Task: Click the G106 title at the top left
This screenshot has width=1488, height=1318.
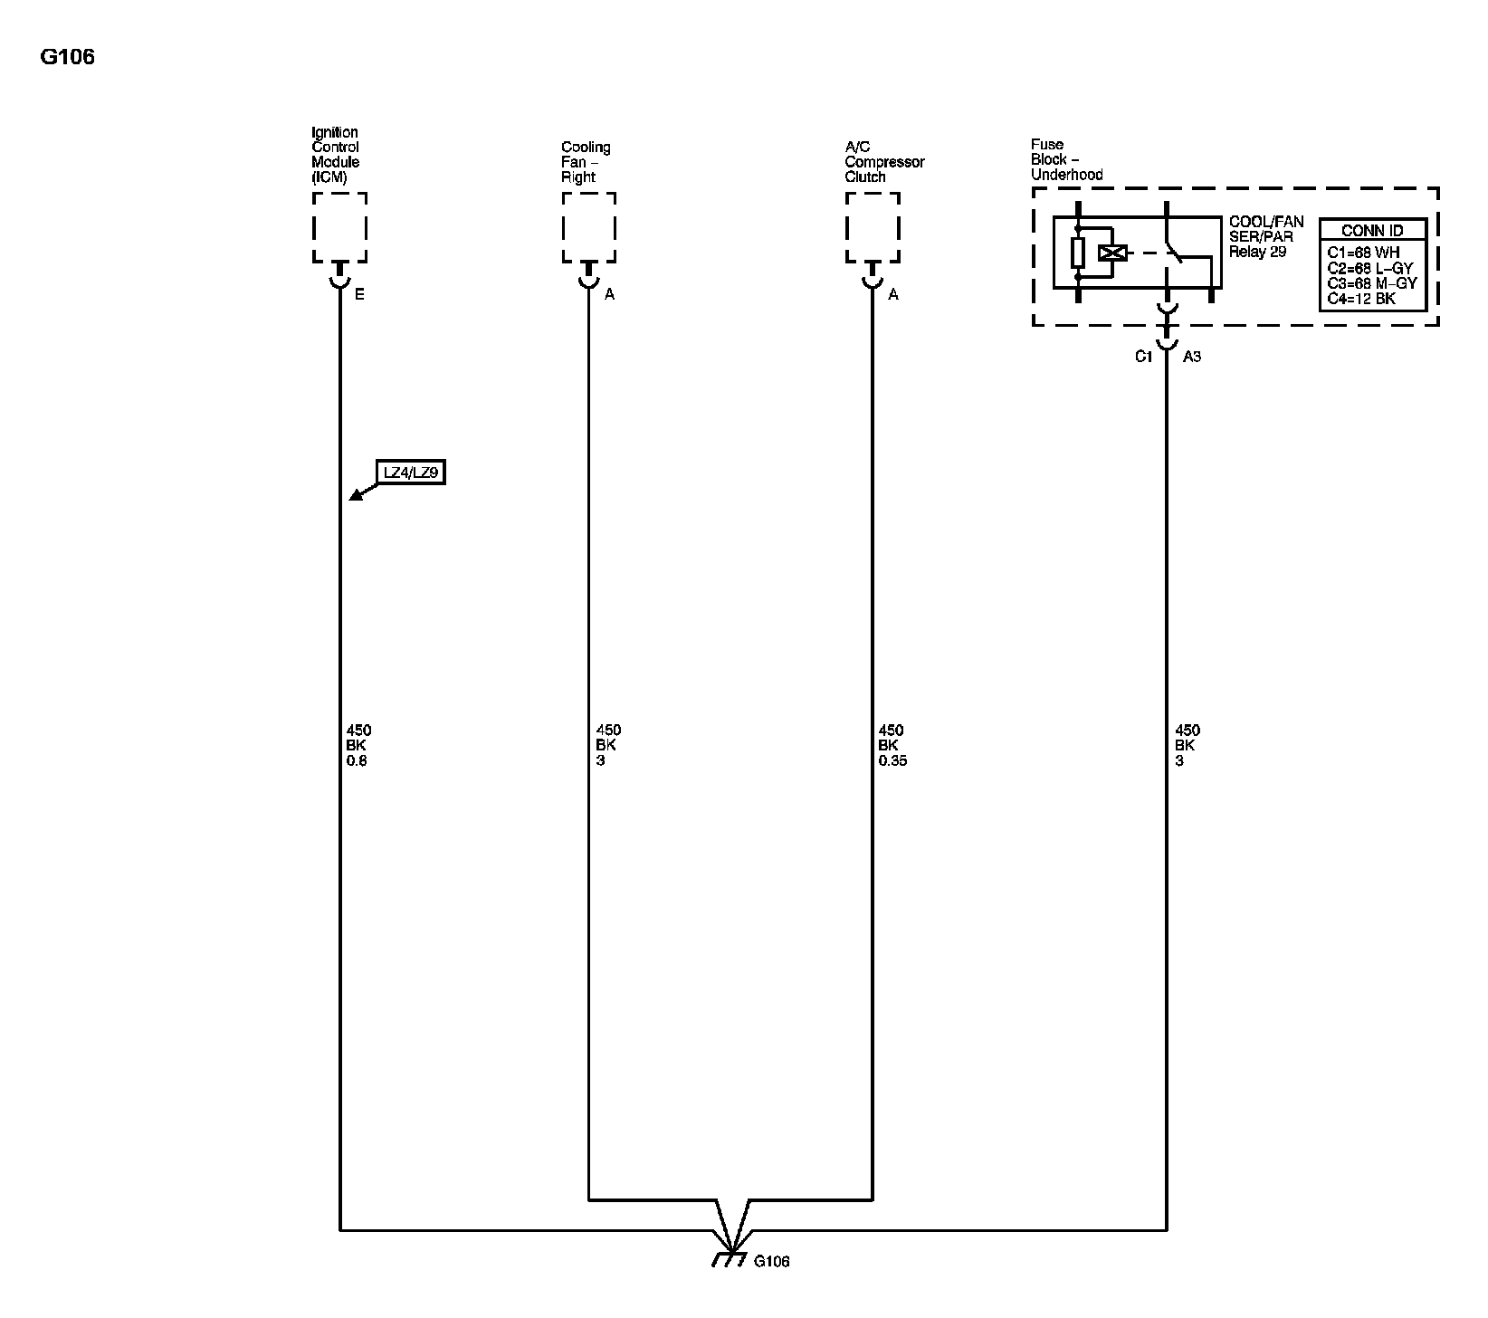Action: click(x=67, y=57)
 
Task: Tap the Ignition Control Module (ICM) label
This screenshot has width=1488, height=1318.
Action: click(x=335, y=155)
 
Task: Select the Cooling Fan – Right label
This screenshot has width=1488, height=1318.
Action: click(x=586, y=162)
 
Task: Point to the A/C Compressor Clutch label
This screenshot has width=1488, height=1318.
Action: click(x=884, y=162)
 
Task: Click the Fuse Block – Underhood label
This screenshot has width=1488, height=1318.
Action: click(x=1066, y=159)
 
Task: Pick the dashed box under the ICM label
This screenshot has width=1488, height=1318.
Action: click(x=339, y=226)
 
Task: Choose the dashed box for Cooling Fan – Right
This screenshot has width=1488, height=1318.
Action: click(x=588, y=226)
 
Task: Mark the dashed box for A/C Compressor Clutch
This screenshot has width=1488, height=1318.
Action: click(x=873, y=226)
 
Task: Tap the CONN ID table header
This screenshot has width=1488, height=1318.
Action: click(x=1372, y=231)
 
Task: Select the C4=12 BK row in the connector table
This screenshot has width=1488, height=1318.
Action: click(x=1361, y=298)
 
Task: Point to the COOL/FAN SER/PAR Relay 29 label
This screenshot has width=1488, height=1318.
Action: click(x=1265, y=237)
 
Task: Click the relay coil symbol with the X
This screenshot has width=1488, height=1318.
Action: click(x=1111, y=253)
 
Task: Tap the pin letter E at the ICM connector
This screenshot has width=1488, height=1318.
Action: click(x=359, y=295)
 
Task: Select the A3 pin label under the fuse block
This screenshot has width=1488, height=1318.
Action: click(x=1192, y=357)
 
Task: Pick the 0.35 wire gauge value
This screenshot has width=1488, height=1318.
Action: click(x=892, y=761)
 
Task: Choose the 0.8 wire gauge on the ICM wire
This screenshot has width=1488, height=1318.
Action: click(x=357, y=761)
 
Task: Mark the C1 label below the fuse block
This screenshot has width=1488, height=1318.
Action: click(x=1144, y=357)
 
